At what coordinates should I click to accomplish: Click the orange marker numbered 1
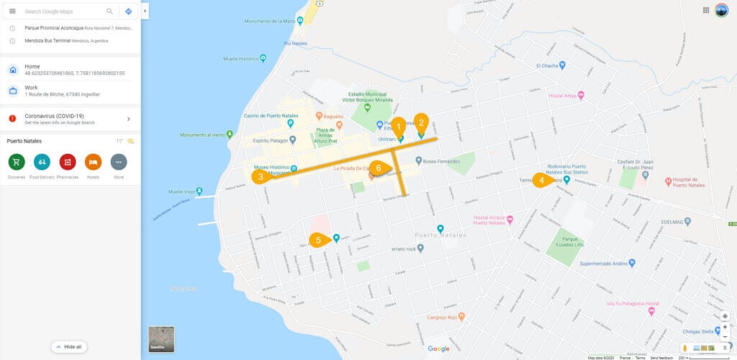tap(398, 125)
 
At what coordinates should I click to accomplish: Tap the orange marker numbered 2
tap(421, 122)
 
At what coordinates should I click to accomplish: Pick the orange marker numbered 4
tap(541, 180)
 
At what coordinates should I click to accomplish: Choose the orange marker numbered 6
tap(380, 168)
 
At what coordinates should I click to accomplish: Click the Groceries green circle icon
tap(17, 162)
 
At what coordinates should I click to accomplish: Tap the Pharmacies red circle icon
tap(68, 162)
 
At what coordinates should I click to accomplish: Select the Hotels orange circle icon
tap(93, 162)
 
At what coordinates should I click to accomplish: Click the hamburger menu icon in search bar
tap(12, 12)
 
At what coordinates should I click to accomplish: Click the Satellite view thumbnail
tap(161, 339)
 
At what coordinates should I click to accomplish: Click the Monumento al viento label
tap(201, 135)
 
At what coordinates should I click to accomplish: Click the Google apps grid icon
tap(706, 10)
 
